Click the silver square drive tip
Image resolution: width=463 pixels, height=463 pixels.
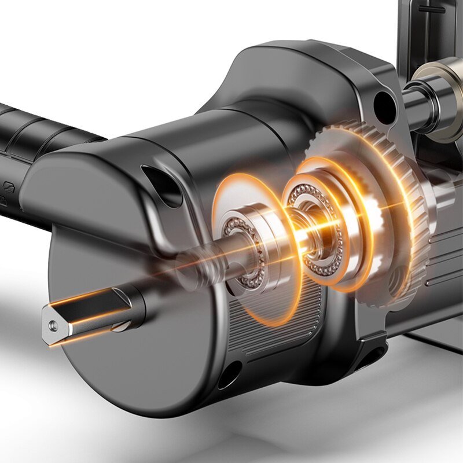pos(87,316)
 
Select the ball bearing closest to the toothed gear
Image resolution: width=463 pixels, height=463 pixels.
pos(315,229)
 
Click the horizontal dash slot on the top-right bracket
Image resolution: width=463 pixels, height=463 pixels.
pos(431,9)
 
